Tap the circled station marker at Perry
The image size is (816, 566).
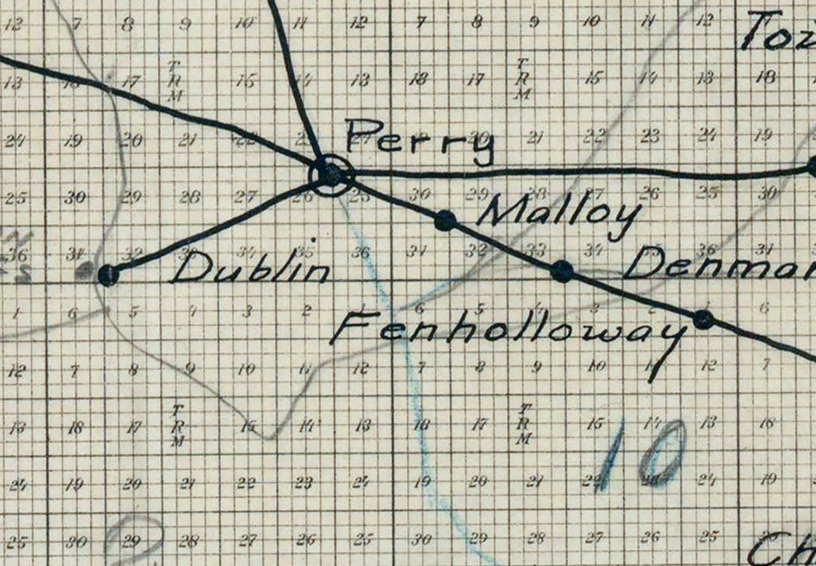[330, 174]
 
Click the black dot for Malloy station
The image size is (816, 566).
[445, 220]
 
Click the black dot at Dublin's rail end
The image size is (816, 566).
[108, 274]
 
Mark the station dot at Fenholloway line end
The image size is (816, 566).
[703, 319]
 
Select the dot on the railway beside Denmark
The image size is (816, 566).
[562, 271]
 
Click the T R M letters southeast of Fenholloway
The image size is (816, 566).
[525, 424]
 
